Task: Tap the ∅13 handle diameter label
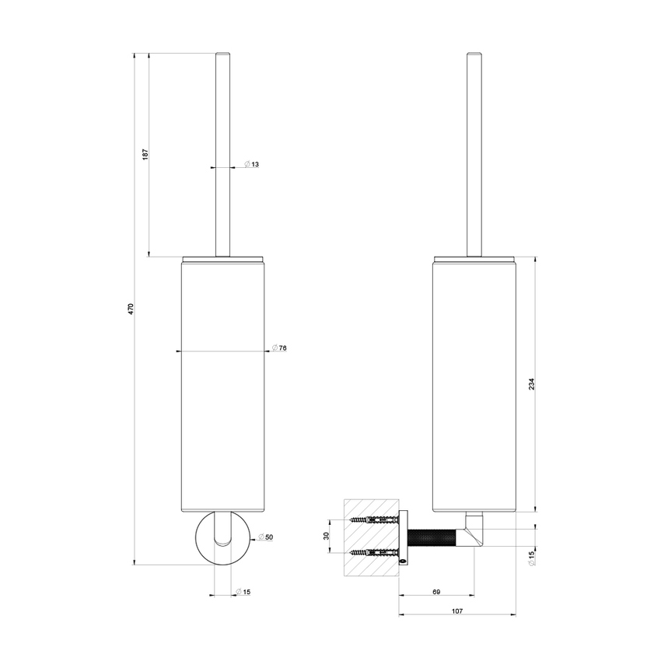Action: coord(251,165)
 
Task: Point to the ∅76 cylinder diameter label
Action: coord(280,348)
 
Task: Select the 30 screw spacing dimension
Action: coord(327,537)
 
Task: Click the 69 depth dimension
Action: coord(436,593)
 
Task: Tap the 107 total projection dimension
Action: coord(456,611)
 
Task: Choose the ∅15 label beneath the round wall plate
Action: coord(243,593)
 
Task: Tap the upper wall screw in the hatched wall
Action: coord(372,519)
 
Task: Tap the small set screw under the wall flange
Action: coord(402,558)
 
